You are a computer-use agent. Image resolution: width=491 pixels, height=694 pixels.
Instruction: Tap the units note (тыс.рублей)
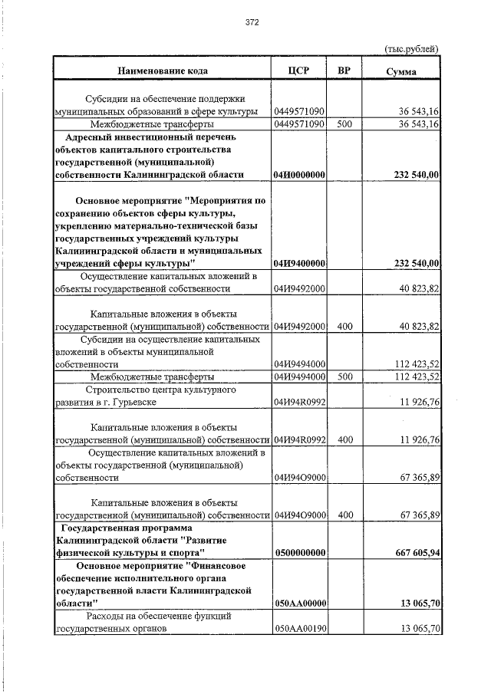(411, 49)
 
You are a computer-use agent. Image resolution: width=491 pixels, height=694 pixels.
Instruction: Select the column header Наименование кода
(162, 71)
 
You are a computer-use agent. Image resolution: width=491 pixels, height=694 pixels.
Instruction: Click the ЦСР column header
(298, 71)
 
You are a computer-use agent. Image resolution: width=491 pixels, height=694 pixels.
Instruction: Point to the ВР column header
(344, 71)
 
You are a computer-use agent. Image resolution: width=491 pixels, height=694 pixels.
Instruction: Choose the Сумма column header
(401, 71)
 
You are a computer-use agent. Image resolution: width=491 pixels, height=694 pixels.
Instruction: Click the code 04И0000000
(299, 175)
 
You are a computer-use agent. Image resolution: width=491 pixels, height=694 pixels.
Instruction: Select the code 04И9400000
(299, 264)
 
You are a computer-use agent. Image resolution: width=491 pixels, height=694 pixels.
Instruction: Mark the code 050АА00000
(299, 604)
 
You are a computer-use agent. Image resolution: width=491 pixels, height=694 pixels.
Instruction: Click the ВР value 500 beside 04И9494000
(344, 377)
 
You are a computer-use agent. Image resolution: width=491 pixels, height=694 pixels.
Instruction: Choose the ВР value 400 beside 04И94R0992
(344, 440)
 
